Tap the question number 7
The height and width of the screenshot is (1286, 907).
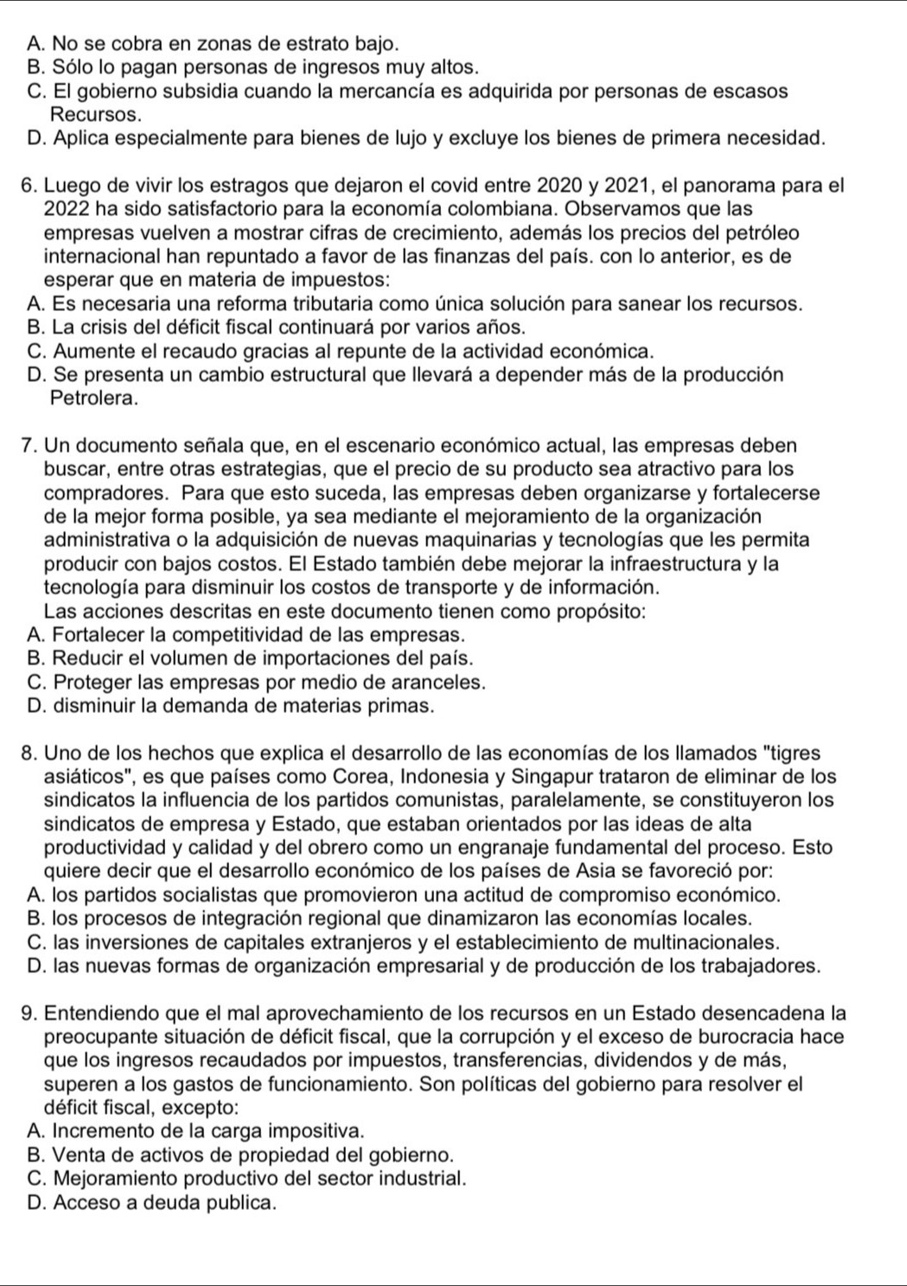point(25,446)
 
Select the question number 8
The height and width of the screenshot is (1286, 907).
point(25,754)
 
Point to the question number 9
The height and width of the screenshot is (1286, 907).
point(25,1013)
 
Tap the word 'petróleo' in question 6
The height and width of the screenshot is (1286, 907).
point(762,233)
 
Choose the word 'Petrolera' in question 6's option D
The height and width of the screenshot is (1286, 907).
point(93,398)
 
